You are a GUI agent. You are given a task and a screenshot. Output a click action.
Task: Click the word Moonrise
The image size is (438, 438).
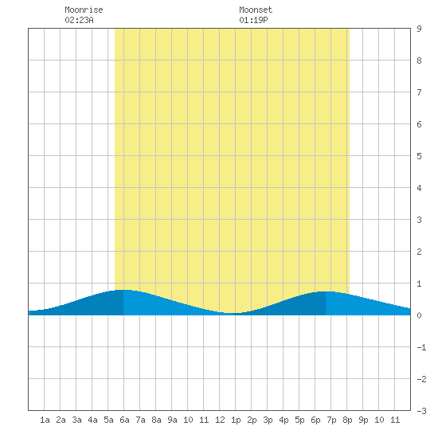pos(84,10)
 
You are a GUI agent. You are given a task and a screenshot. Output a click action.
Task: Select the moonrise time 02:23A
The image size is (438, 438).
pos(79,20)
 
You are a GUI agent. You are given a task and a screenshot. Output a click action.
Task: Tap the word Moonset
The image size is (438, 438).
pos(256,10)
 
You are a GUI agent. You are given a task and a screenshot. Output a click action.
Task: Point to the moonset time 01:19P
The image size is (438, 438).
pos(253,20)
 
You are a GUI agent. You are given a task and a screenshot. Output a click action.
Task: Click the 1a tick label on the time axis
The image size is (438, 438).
pos(45,420)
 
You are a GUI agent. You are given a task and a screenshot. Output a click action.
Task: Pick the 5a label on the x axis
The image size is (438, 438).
pos(108,420)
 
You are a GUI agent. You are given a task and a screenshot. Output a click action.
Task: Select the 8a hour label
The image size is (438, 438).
pos(156,420)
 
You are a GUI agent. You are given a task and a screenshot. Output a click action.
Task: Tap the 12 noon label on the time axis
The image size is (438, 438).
pos(220,420)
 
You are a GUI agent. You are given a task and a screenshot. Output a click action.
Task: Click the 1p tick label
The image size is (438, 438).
pos(236,420)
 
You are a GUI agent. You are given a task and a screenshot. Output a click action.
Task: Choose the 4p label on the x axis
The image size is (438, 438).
pos(284,420)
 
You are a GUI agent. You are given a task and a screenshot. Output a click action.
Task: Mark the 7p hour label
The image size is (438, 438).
pos(331,420)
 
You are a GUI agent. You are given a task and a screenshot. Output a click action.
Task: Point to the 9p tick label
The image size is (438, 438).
pos(363,420)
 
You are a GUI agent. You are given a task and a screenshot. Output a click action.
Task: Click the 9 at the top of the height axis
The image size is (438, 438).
pos(419,29)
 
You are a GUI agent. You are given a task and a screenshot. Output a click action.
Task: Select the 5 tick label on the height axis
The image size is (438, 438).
pos(419,156)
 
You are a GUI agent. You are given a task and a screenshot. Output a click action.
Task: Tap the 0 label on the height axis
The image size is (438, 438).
pos(419,315)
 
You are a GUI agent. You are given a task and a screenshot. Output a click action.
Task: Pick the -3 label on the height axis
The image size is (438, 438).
pos(421,411)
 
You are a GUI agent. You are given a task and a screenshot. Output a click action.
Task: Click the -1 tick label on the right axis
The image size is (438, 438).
pos(421,347)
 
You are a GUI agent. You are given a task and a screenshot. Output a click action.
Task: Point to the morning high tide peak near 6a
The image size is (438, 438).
pos(123,290)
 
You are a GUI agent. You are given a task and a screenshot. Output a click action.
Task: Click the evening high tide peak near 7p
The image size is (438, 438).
pos(326,291)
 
